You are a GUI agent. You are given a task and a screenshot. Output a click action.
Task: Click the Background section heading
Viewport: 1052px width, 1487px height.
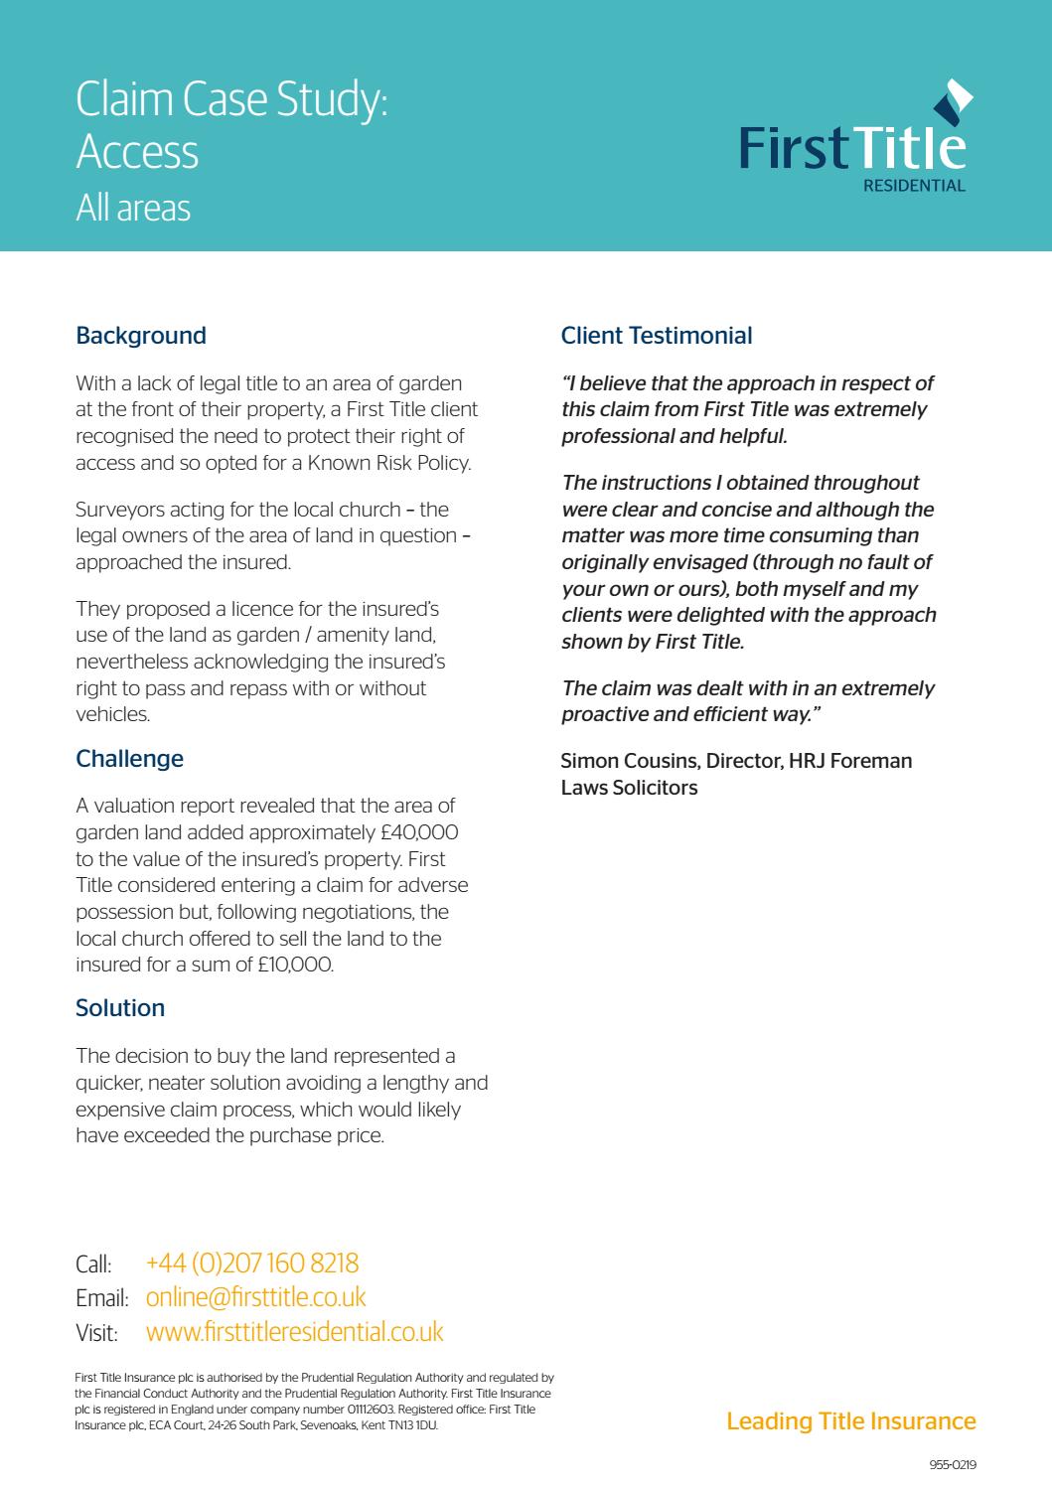[x=141, y=336]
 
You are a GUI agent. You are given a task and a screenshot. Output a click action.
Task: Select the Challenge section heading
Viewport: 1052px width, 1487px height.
[x=130, y=759]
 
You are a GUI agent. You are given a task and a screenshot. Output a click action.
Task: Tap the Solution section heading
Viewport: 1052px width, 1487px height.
[x=120, y=1008]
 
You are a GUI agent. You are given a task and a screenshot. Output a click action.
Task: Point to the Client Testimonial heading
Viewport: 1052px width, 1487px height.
[x=657, y=336]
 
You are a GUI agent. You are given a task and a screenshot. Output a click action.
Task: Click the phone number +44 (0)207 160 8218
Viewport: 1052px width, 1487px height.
[x=252, y=1264]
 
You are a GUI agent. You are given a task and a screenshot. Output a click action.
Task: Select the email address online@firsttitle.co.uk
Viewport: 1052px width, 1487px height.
[x=255, y=1297]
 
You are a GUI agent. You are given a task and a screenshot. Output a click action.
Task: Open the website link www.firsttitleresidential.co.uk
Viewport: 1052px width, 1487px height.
[x=294, y=1332]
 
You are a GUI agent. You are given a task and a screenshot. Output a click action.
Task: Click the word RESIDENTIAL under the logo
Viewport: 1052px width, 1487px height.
[x=914, y=186]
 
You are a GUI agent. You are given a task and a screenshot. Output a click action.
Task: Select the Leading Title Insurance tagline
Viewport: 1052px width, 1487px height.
[x=851, y=1421]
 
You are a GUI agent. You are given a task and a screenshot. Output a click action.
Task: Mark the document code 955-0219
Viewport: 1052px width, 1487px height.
[x=953, y=1465]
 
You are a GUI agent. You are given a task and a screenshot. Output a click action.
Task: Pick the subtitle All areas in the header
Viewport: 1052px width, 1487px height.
[x=133, y=209]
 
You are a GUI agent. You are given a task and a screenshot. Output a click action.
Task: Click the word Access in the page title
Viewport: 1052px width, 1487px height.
[x=137, y=152]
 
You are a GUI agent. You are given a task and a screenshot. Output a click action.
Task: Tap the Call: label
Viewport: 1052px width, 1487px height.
[x=93, y=1265]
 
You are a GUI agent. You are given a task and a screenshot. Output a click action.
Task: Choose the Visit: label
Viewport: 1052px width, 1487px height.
[x=96, y=1333]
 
